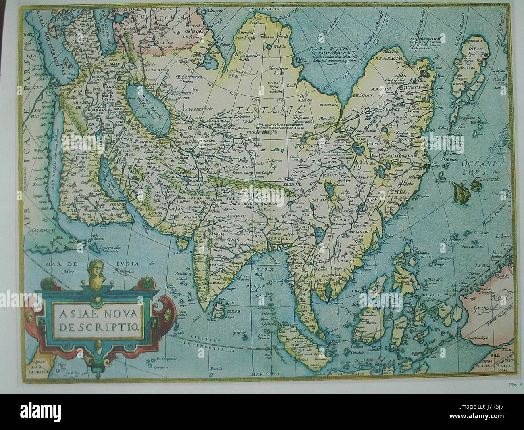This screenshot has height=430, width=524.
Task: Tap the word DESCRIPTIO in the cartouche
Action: (x=98, y=325)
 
